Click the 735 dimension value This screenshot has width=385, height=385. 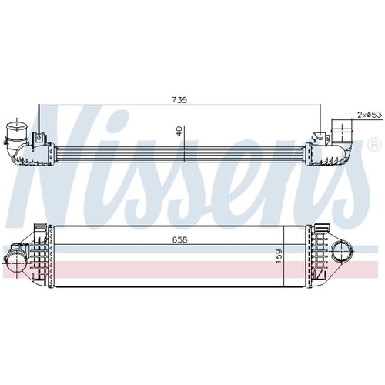pos(179,100)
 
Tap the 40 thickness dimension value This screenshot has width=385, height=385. pos(179,131)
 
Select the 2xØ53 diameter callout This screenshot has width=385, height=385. pos(370,115)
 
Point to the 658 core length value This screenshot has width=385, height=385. pos(180,239)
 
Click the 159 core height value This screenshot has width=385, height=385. pos(279,256)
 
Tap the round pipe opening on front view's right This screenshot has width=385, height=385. pos(341,252)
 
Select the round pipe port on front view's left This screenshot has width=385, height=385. pos(16,263)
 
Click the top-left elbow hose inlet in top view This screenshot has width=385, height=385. pos(16,140)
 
